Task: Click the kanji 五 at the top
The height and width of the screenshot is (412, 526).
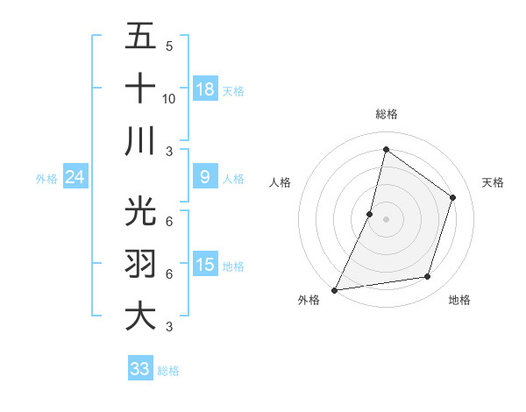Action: (140, 37)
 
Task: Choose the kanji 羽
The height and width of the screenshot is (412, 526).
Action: (140, 263)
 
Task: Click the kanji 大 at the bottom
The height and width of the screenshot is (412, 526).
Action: (140, 316)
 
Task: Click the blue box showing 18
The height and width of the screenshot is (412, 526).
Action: (205, 89)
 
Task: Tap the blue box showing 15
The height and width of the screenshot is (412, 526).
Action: (205, 265)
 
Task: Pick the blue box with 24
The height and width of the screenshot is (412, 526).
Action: (75, 178)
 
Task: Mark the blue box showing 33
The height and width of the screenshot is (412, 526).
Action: (140, 369)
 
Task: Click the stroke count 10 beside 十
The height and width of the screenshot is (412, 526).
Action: (169, 98)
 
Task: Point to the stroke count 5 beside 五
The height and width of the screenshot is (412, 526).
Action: (169, 46)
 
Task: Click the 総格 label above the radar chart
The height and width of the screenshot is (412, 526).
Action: (387, 114)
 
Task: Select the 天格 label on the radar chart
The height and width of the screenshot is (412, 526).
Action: (493, 182)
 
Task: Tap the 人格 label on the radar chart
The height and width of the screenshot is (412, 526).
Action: (280, 182)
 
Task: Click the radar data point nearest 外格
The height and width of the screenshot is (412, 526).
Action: (334, 289)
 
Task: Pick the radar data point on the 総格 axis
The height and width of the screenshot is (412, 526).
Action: (386, 150)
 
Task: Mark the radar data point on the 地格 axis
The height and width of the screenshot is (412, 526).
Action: (428, 277)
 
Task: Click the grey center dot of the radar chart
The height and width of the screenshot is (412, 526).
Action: (386, 219)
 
